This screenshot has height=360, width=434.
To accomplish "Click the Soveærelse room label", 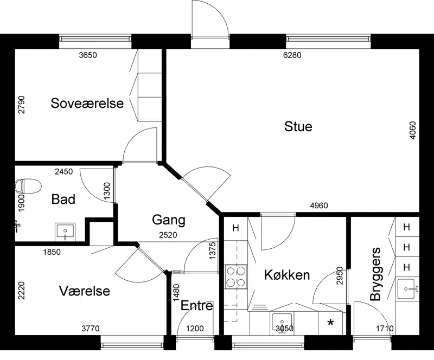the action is [x=87, y=103].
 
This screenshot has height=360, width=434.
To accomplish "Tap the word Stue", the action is [x=298, y=126].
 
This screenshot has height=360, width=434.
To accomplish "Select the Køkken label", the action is [x=287, y=275].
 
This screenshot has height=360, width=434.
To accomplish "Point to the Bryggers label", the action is [x=375, y=274].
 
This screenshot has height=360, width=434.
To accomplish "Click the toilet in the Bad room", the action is [x=28, y=186].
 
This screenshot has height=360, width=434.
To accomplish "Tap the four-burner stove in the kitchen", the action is [x=236, y=277].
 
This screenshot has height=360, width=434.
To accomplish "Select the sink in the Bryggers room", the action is [x=406, y=289].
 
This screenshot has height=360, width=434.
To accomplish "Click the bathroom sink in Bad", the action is [x=65, y=232].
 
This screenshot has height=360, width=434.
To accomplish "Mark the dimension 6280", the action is [x=292, y=55].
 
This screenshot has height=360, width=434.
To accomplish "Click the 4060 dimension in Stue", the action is [x=412, y=130].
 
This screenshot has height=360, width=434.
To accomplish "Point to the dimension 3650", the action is [x=88, y=55].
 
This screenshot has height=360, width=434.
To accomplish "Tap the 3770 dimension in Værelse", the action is [x=91, y=329].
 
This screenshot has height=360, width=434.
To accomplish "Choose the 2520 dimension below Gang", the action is [x=168, y=235].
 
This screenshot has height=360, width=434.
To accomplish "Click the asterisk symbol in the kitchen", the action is [x=330, y=323].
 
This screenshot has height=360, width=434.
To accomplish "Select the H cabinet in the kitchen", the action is [x=235, y=228].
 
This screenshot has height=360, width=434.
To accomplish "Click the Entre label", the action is [x=197, y=306].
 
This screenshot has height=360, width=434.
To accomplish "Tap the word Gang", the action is [x=169, y=220].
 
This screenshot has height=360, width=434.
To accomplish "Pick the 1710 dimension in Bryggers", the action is [x=385, y=329].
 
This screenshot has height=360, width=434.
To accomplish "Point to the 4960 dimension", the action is [x=319, y=205].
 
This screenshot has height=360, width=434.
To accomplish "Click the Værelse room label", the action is [x=85, y=291].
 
